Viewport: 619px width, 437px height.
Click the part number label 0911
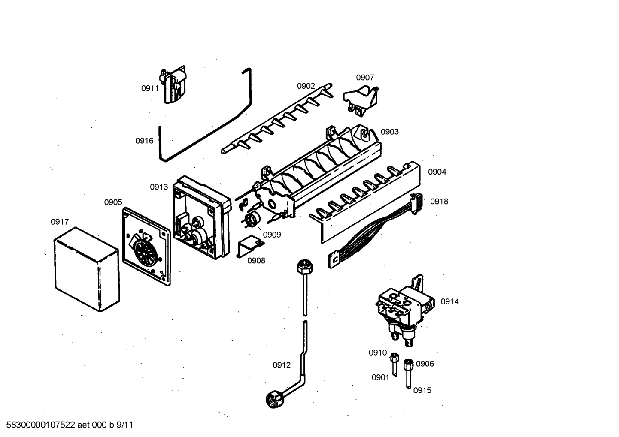point(150,89)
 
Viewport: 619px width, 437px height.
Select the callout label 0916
point(144,141)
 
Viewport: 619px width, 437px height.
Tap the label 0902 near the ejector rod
point(306,86)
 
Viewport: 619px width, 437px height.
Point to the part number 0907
point(365,78)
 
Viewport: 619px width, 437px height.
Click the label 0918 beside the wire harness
point(439,202)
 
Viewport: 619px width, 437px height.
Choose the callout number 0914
point(449,302)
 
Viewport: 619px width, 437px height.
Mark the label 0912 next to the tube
point(282,365)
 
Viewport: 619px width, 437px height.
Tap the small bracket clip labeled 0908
point(249,248)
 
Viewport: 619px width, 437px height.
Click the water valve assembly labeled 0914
point(401,307)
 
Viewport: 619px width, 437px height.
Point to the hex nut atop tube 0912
point(304,267)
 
